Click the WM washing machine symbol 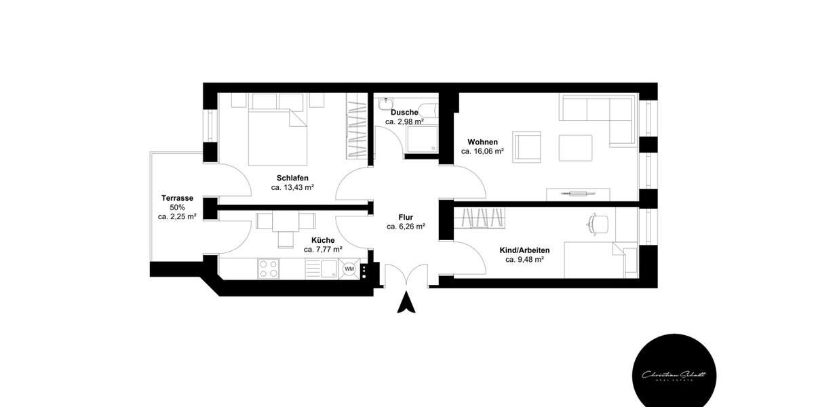click(x=349, y=269)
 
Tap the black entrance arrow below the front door click(x=406, y=302)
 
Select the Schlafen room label click(x=292, y=178)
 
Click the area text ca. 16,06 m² click(x=482, y=152)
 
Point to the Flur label click(x=406, y=217)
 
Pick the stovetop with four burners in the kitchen click(x=269, y=269)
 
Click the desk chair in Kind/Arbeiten click(x=596, y=223)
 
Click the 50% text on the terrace click(x=177, y=208)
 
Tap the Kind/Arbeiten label click(x=525, y=250)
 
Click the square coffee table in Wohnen click(x=575, y=147)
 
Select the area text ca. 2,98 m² click(x=404, y=122)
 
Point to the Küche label click(x=323, y=240)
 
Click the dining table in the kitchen click(x=286, y=221)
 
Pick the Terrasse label click(x=177, y=198)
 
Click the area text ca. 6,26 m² click(x=406, y=227)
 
